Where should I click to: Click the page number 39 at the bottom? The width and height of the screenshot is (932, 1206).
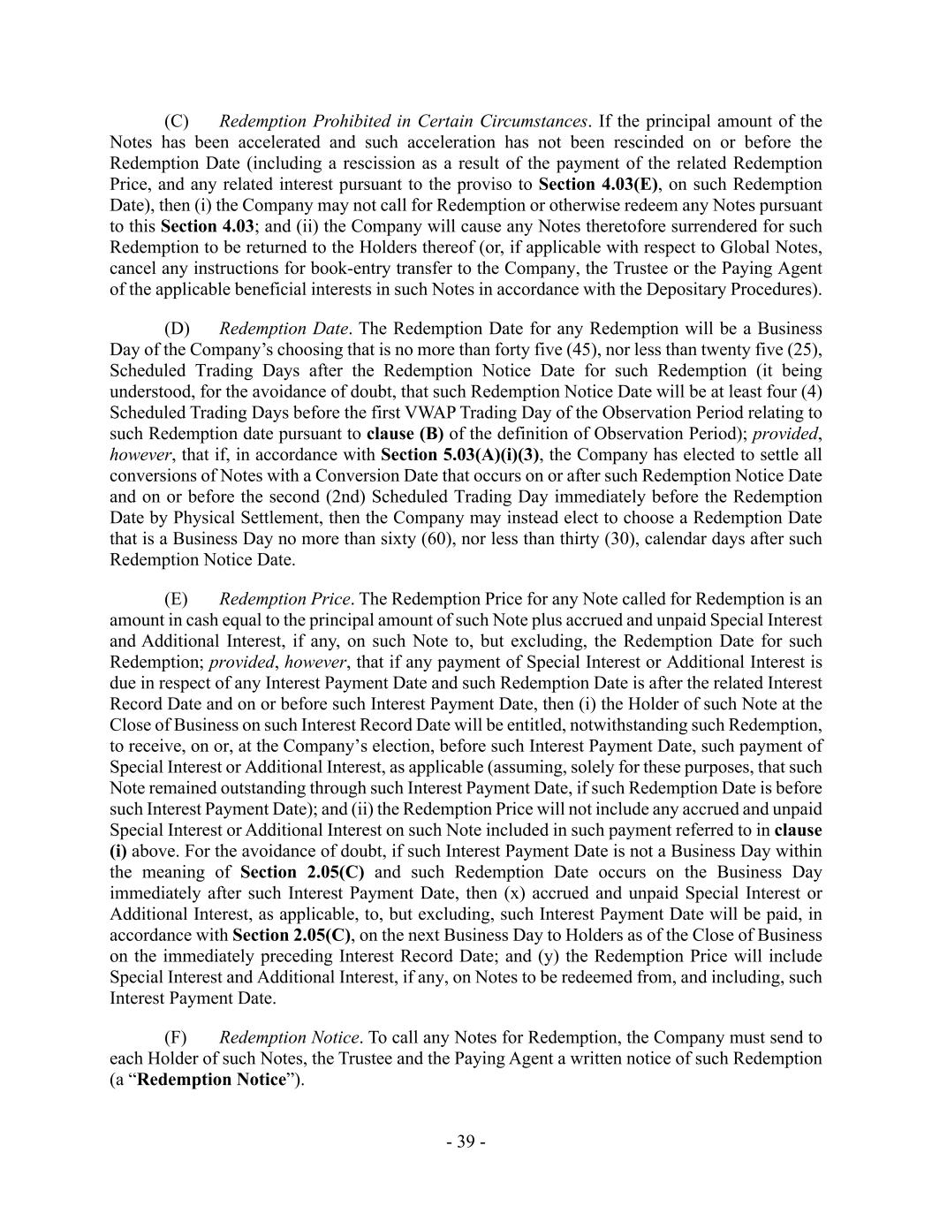[466, 1142]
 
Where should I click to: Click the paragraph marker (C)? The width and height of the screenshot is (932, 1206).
[177, 121]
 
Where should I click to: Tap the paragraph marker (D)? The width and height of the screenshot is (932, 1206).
[177, 329]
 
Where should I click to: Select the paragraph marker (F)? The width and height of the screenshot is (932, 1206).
[176, 1037]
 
